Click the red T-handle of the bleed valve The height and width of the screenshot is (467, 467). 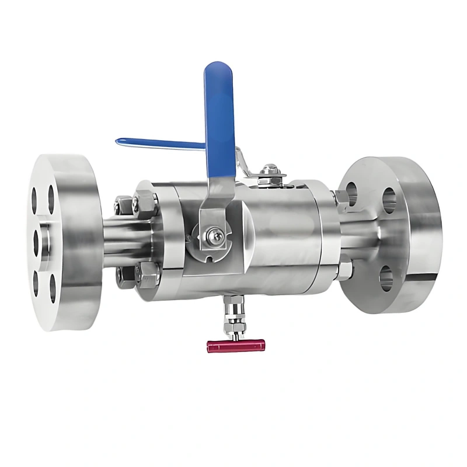pyautogui.click(x=235, y=346)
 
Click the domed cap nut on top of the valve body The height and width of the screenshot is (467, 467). pyautogui.click(x=269, y=170)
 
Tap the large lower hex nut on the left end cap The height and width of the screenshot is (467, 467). pyautogui.click(x=147, y=274)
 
